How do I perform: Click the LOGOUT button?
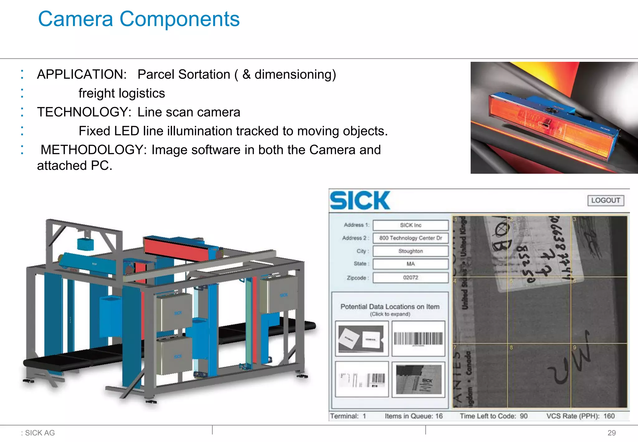pos(606,200)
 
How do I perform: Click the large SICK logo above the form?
pos(360,200)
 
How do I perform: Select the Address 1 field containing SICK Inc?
pos(411,225)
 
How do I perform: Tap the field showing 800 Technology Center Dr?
pos(411,238)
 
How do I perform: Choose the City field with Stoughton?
pos(411,251)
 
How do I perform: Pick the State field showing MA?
pos(411,264)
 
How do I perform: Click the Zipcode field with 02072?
pos(411,277)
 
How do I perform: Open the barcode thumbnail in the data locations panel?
pos(418,339)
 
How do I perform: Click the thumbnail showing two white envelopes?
pos(361,339)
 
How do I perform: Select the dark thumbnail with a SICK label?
pos(418,379)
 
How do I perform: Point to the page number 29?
pos(612,433)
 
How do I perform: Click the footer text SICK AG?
pos(40,433)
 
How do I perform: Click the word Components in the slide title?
pos(179,19)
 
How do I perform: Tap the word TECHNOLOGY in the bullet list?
pos(82,112)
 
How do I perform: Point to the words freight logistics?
pos(121,94)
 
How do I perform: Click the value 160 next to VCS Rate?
pos(609,416)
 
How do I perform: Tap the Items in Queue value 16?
pos(439,416)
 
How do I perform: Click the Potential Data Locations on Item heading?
pos(390,307)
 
